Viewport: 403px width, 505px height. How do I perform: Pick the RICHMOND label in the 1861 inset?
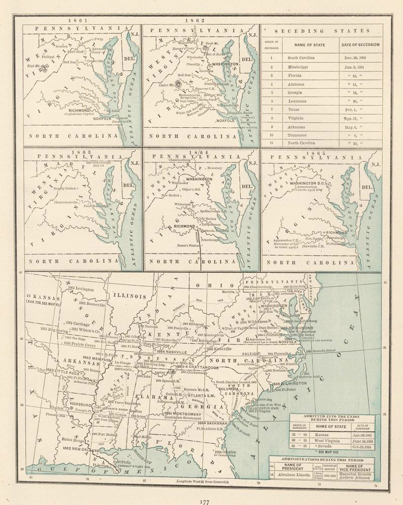click(x=76, y=110)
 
